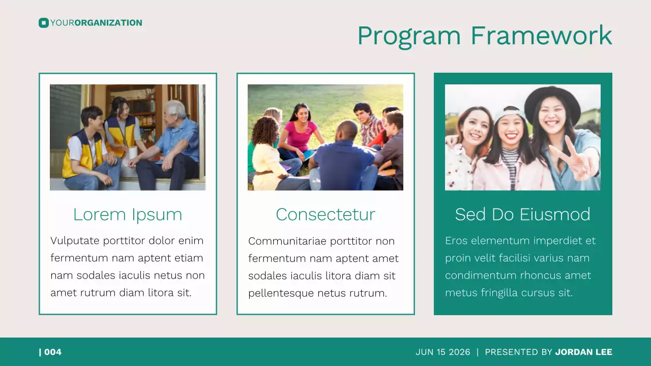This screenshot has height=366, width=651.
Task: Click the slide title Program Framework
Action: (x=484, y=36)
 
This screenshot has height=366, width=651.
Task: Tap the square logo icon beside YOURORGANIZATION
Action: (x=43, y=23)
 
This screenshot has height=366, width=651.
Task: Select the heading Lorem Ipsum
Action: (x=127, y=215)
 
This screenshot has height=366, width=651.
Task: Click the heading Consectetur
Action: (x=325, y=215)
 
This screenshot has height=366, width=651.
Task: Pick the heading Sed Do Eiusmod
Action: (x=522, y=215)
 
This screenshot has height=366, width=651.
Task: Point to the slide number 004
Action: (x=52, y=352)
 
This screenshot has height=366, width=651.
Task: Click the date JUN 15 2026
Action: (x=442, y=352)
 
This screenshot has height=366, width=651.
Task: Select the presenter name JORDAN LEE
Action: (x=583, y=352)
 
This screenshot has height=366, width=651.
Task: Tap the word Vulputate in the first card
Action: (x=74, y=241)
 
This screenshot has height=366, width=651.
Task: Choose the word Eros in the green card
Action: (x=456, y=241)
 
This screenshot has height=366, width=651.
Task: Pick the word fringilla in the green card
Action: (x=505, y=293)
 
